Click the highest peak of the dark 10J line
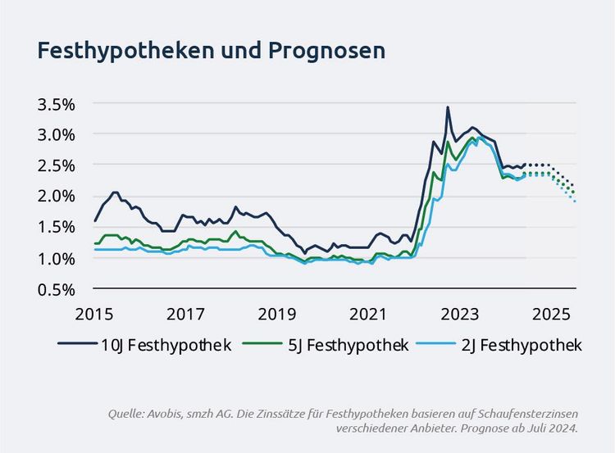pyautogui.click(x=448, y=107)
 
